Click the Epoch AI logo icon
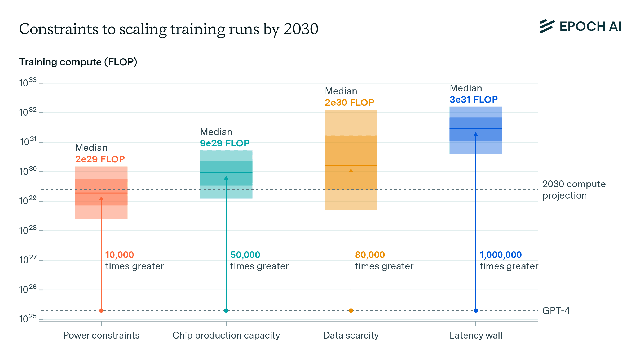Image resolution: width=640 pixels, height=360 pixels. click(x=547, y=26)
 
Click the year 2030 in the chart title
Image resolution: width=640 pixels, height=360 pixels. click(x=301, y=29)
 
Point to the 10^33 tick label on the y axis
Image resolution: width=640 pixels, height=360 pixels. click(x=28, y=83)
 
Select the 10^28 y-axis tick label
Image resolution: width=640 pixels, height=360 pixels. click(x=28, y=230)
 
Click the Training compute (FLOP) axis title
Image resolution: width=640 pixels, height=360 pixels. click(x=78, y=62)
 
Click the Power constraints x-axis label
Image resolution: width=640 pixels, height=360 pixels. click(x=101, y=335)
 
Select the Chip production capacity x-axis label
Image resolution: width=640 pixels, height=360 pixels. click(x=226, y=336)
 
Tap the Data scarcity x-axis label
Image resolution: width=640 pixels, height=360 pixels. click(x=351, y=336)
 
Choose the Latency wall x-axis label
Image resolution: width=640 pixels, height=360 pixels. click(x=476, y=336)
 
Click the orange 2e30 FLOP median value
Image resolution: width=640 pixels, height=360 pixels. click(x=350, y=103)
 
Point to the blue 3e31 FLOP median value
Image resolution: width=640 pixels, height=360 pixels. click(x=474, y=100)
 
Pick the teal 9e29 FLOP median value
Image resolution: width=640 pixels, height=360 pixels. click(x=225, y=143)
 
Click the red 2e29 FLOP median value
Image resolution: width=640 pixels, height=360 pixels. click(x=100, y=159)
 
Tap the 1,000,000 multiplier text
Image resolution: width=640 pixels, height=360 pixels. click(x=501, y=255)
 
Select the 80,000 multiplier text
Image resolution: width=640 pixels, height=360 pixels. click(x=370, y=255)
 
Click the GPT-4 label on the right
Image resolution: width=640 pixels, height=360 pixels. click(x=556, y=310)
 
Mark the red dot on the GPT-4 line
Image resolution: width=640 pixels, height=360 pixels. click(x=101, y=310)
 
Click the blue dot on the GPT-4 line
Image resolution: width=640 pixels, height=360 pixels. click(x=476, y=310)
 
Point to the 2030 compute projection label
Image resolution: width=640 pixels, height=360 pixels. click(x=574, y=190)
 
